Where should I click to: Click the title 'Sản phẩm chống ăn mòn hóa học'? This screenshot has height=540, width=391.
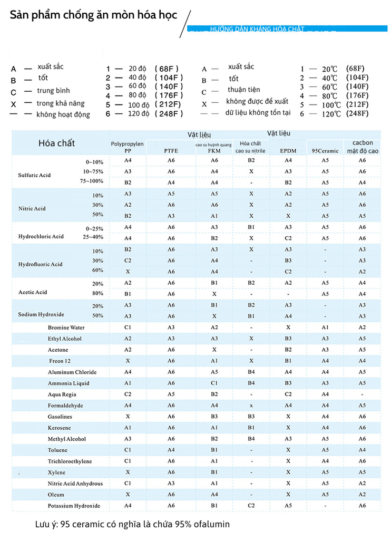tap(93, 15)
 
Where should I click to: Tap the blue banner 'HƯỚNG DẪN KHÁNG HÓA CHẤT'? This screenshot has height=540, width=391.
tap(257, 29)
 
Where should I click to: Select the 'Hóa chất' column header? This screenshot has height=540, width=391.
tap(56, 143)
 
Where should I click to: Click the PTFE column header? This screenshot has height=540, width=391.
tap(171, 151)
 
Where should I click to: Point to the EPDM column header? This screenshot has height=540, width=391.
tap(288, 151)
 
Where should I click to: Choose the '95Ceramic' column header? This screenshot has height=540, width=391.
tap(325, 151)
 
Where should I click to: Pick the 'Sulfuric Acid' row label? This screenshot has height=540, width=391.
tap(34, 175)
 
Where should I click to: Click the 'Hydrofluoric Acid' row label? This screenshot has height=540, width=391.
tap(40, 264)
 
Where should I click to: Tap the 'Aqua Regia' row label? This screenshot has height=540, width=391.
tap(62, 394)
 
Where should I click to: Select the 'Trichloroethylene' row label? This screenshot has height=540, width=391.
tap(70, 461)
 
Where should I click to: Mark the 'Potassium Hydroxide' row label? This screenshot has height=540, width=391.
tap(74, 506)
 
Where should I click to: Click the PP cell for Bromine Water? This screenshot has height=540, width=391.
tap(128, 327)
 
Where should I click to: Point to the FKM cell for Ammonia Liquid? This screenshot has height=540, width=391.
tap(214, 383)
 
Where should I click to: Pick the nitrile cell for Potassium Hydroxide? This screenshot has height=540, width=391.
tap(251, 506)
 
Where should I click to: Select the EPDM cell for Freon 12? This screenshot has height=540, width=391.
tap(288, 361)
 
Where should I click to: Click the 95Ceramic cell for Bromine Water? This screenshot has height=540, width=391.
tap(325, 327)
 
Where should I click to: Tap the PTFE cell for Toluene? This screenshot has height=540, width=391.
tap(171, 450)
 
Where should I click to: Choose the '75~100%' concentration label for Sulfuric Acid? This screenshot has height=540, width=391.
tap(92, 181)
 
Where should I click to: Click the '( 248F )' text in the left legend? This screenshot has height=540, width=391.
tap(169, 113)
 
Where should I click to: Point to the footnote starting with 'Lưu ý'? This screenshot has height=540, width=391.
tap(132, 524)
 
